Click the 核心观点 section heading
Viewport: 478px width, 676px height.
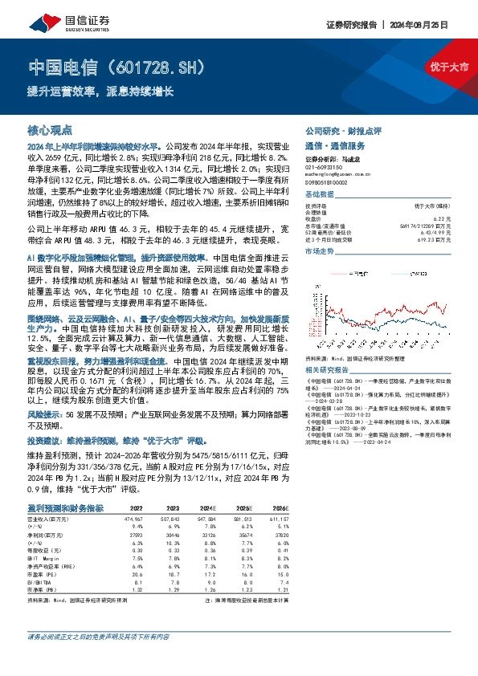point(50,129)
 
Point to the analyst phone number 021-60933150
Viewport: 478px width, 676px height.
point(323,166)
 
